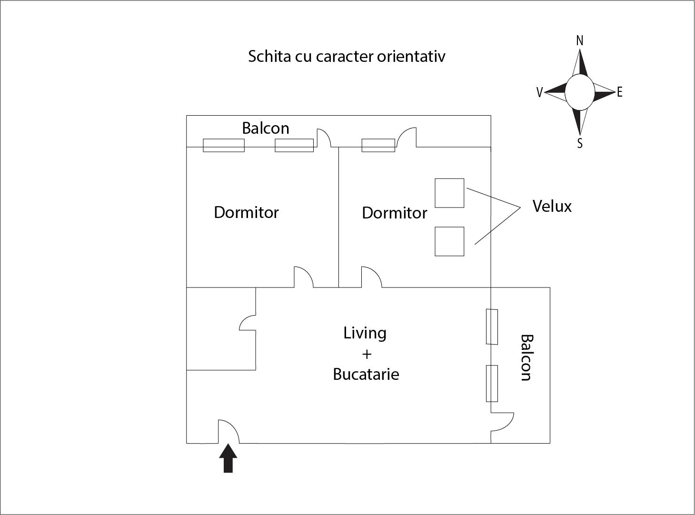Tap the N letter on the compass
(x=579, y=41)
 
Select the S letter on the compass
(x=579, y=143)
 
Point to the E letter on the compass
(x=619, y=92)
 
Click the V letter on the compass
(x=539, y=93)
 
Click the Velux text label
(x=552, y=206)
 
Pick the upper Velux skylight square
(x=449, y=193)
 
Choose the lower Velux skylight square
(x=449, y=241)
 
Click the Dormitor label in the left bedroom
(x=246, y=212)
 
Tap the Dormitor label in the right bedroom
(x=394, y=213)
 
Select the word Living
(x=365, y=333)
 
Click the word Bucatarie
(x=366, y=374)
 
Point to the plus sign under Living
(x=366, y=354)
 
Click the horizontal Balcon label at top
(x=265, y=128)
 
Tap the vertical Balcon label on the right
(x=526, y=357)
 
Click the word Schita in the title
(x=269, y=56)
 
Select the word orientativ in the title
(x=411, y=56)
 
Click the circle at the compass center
(x=579, y=92)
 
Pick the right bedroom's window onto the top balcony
(x=378, y=145)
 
